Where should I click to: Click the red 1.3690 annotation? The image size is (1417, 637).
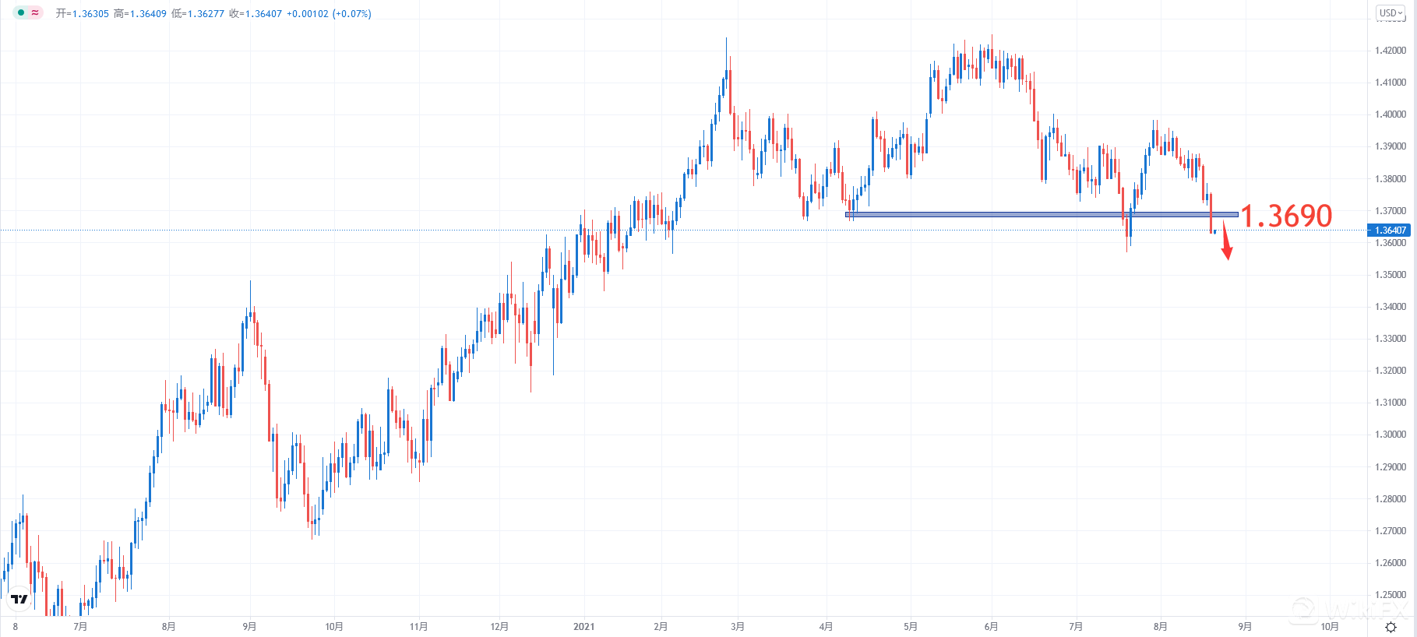1286,216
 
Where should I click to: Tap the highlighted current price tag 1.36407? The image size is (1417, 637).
1390,231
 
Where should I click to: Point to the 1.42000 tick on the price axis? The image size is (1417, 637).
1391,51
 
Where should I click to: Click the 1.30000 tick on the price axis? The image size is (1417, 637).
1391,435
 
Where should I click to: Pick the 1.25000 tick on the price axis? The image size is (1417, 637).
1391,595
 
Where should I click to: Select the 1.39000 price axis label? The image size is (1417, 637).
1391,146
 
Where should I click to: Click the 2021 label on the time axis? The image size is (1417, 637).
583,627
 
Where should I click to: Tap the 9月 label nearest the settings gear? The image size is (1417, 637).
1245,627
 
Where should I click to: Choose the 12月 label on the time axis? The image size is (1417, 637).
499,627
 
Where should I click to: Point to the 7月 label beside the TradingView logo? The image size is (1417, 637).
80,627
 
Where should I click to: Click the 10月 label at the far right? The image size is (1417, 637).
1330,627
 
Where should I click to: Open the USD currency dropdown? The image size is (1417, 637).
1391,13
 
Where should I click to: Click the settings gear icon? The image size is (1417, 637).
1391,627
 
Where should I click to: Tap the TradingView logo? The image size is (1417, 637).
19,599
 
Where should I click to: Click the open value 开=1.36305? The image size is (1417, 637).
83,14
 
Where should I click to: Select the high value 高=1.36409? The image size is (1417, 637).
140,14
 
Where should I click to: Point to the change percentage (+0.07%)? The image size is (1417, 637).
351,14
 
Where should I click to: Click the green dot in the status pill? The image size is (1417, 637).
21,12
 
